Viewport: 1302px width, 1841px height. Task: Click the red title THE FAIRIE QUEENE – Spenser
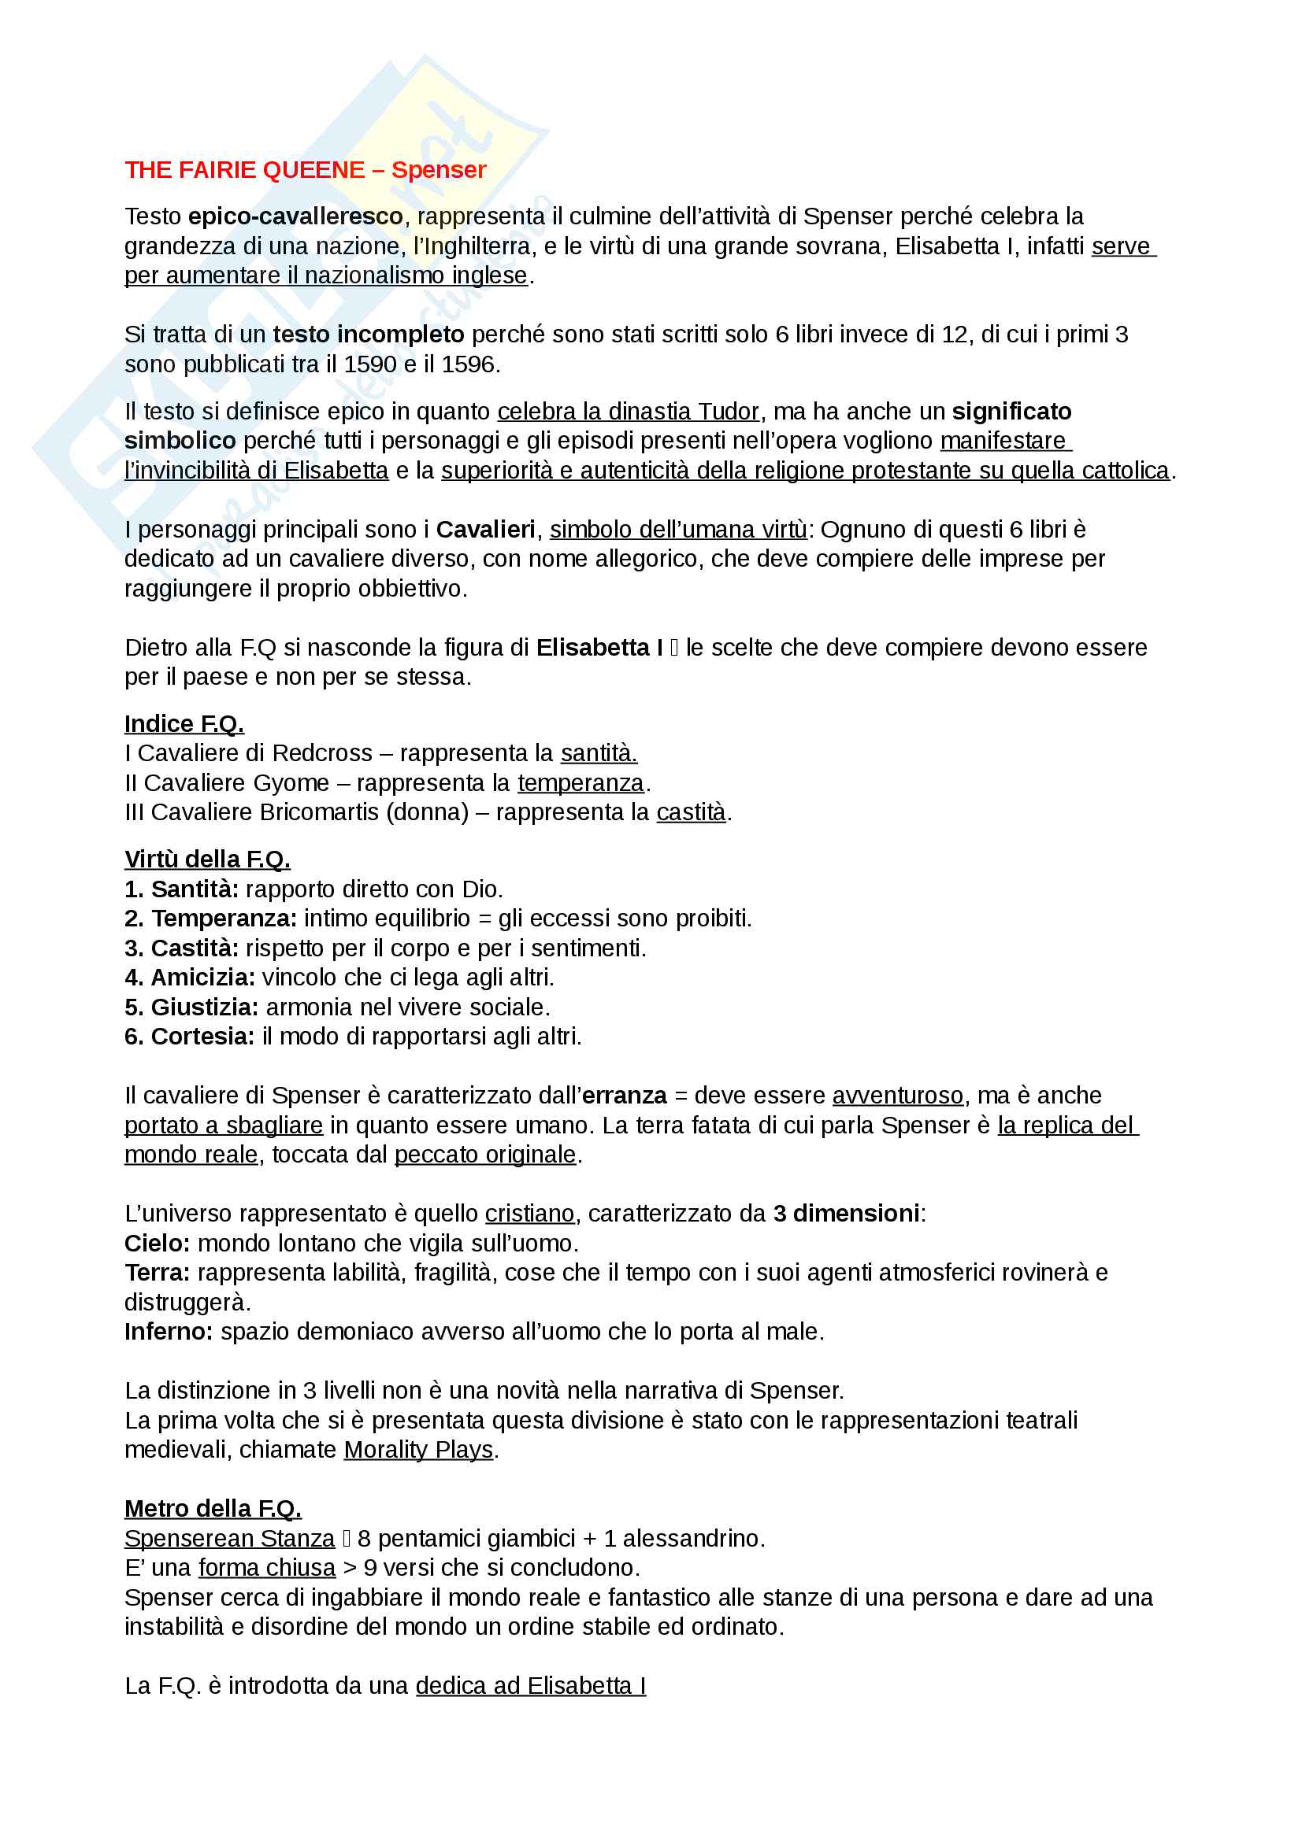pyautogui.click(x=305, y=170)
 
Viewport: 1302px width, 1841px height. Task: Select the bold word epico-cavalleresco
pyautogui.click(x=295, y=216)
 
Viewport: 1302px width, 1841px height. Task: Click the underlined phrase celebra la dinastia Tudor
pyautogui.click(x=627, y=412)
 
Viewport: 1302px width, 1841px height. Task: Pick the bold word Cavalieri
pyautogui.click(x=485, y=530)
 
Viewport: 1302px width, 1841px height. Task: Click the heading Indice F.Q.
pyautogui.click(x=184, y=724)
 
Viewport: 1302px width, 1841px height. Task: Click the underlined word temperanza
pyautogui.click(x=580, y=782)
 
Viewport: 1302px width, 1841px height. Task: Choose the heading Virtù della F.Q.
pyautogui.click(x=207, y=860)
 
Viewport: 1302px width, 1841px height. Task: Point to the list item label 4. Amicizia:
pyautogui.click(x=189, y=978)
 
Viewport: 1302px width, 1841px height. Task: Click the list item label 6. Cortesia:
pyautogui.click(x=189, y=1037)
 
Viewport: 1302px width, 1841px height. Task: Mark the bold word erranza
pyautogui.click(x=624, y=1096)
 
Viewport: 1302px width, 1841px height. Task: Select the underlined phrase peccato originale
pyautogui.click(x=484, y=1155)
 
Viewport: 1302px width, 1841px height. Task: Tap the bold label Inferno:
pyautogui.click(x=169, y=1332)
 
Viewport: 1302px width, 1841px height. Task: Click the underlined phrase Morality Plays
pyautogui.click(x=418, y=1450)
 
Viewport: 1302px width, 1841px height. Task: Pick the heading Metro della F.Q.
pyautogui.click(x=213, y=1509)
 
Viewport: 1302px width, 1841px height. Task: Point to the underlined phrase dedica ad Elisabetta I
pyautogui.click(x=530, y=1686)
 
